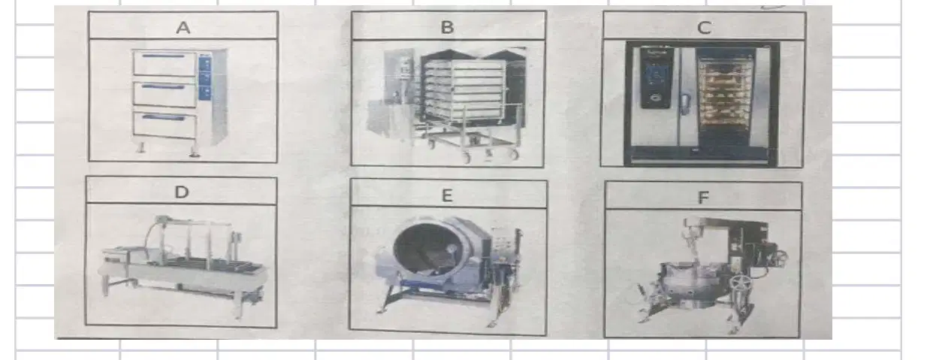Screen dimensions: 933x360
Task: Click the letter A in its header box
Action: point(183,28)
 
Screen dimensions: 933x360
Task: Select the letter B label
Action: point(447,27)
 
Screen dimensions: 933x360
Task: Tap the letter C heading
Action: point(704,28)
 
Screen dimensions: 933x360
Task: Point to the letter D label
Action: point(182,192)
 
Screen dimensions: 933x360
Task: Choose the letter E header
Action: point(446,195)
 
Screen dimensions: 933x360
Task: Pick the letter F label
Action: point(703,198)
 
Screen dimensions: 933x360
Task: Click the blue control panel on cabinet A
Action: point(205,78)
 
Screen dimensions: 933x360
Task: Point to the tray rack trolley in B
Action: point(471,106)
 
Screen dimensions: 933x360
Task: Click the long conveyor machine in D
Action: point(183,266)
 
